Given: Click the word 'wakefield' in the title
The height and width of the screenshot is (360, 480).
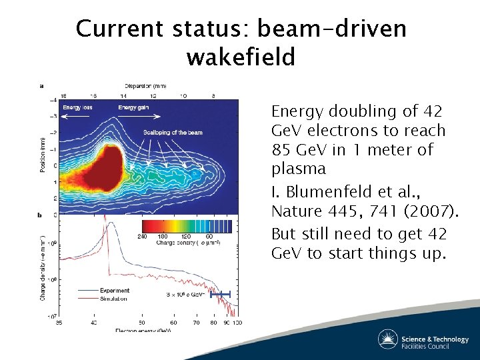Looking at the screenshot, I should coord(240,57).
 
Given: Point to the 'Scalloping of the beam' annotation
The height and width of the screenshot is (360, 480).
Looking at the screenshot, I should coord(172,133).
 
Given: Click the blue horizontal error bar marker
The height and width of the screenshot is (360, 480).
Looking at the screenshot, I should coord(220,294).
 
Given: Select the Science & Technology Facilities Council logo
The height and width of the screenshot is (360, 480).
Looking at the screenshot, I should coord(423,339).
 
